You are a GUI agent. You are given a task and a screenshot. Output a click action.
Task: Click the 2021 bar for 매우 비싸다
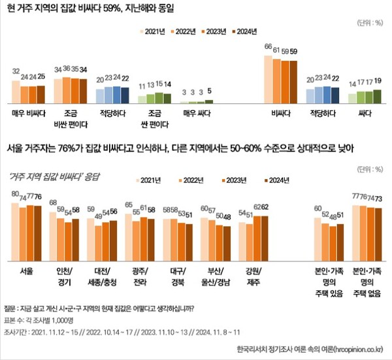click(x=16, y=92)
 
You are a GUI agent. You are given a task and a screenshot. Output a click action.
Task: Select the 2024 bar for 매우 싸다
click(x=209, y=101)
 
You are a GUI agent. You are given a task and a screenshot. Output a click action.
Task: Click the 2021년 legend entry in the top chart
click(x=151, y=31)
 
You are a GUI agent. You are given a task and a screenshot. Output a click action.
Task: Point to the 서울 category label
click(x=27, y=269)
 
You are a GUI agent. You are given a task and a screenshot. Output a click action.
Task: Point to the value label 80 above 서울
click(x=15, y=194)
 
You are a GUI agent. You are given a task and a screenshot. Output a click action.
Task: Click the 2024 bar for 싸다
click(x=377, y=96)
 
